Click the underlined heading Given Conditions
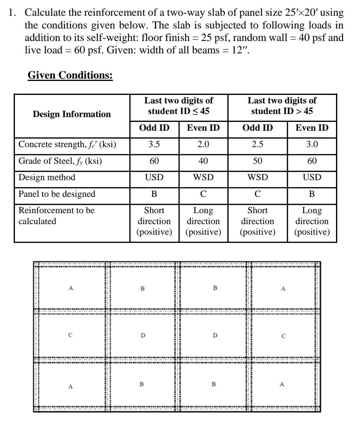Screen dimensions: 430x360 (70, 75)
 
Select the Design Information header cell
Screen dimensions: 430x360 (72, 114)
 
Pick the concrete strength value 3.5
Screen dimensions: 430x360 (154, 144)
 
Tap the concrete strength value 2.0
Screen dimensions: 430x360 (203, 144)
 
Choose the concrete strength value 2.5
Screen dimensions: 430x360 (257, 144)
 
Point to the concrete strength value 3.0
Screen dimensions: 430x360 (312, 144)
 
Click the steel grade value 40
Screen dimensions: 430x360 (203, 161)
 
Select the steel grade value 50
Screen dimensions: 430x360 (257, 161)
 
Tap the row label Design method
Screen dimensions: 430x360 (47, 177)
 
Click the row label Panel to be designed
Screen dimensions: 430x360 (57, 194)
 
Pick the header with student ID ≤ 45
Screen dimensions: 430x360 (179, 106)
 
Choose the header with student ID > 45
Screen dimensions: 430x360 (282, 106)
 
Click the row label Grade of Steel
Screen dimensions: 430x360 (60, 161)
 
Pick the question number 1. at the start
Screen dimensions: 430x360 (12, 13)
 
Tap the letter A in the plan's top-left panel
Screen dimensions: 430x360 (70, 288)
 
